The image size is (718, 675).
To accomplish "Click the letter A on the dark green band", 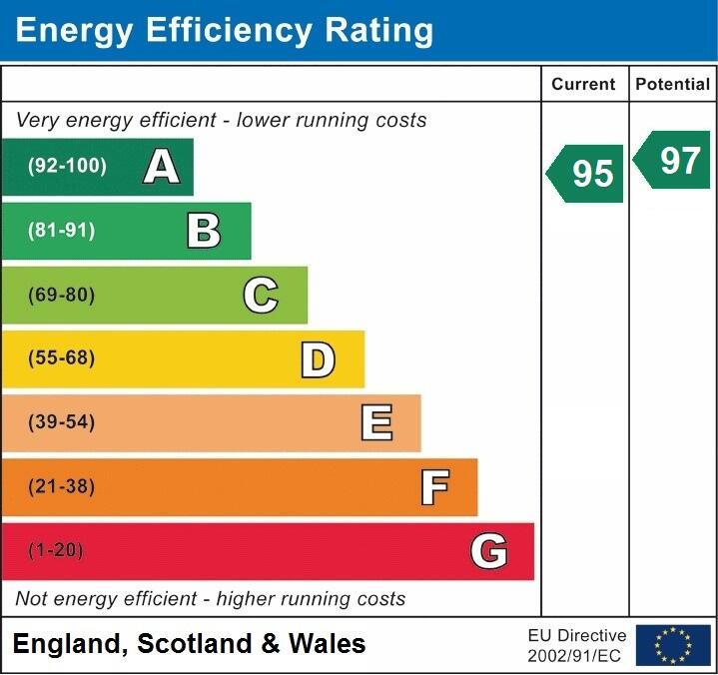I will coord(162,167).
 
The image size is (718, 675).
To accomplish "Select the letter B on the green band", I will coord(204,231).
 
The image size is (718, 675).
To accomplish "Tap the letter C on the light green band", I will coord(261,295).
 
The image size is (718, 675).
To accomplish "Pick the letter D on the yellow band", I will coord(318,359).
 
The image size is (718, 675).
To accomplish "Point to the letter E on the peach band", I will coord(375,423).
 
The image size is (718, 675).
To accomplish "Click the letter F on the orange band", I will coord(434,487).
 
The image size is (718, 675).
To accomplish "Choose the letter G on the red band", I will coord(489,551).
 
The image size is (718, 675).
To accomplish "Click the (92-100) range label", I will coord(68,167).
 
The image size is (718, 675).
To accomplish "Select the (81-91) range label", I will coord(62,231).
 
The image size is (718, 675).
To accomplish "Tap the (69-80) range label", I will coord(62,295).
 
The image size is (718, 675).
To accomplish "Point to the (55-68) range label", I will coord(62,358).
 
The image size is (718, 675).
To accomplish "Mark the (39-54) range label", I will coord(62,422).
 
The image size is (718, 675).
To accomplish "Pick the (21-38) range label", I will coord(62,486).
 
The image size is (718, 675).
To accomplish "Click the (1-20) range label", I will coord(56,550).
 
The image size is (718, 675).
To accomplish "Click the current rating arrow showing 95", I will coord(586,174).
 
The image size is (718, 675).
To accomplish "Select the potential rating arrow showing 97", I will coord(674,160).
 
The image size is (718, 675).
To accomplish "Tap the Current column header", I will coord(584,85).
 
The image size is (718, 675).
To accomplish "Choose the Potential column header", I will coord(673,85).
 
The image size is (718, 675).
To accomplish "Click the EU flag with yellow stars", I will coord(673,645).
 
